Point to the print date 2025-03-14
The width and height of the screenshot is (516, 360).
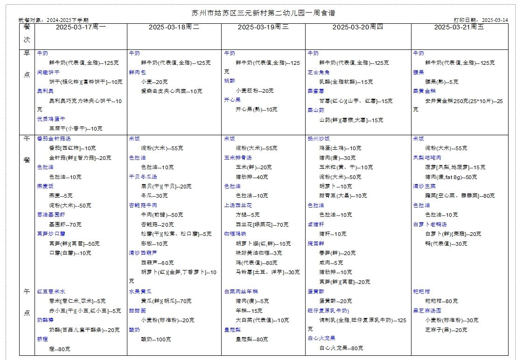[495, 20]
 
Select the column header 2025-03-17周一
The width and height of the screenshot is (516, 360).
[81, 27]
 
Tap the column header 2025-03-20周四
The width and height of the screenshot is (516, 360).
[357, 27]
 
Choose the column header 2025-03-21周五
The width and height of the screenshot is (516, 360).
[459, 27]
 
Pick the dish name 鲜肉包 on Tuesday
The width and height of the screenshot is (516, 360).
[137, 72]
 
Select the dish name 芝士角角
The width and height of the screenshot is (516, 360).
[319, 72]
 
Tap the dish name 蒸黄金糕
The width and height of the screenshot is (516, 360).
[424, 91]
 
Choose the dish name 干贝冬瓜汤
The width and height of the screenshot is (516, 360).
[143, 177]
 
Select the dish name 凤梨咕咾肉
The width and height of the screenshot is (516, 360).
[427, 158]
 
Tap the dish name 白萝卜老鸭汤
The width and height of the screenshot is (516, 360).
[430, 224]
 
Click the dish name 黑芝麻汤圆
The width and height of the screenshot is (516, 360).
[427, 311]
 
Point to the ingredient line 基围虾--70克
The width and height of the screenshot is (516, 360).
[65, 224]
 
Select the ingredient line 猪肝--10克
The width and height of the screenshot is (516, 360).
[333, 234]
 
